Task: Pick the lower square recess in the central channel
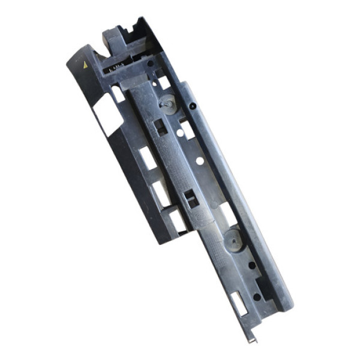pos(191,199)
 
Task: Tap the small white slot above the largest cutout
pos(118,94)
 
